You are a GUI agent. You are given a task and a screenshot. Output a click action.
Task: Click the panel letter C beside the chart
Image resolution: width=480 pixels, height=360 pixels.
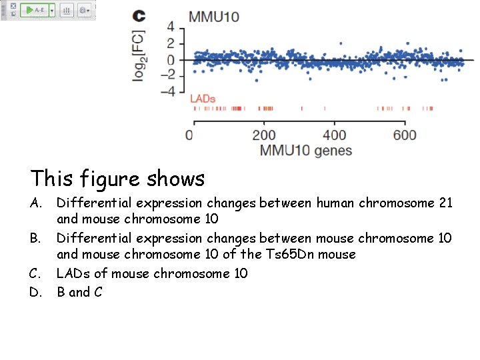pyautogui.click(x=139, y=16)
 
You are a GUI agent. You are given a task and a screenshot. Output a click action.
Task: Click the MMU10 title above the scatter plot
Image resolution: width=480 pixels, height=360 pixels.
pyautogui.click(x=213, y=17)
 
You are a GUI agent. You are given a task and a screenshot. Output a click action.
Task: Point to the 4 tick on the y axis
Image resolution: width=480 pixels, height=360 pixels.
pyautogui.click(x=171, y=27)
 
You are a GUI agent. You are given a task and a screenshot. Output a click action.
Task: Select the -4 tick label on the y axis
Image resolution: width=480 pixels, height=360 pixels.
pyautogui.click(x=168, y=91)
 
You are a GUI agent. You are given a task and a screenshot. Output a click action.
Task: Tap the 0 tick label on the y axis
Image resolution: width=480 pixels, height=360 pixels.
pyautogui.click(x=171, y=60)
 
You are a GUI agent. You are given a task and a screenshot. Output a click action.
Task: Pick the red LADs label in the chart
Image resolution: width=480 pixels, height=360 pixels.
pyautogui.click(x=203, y=99)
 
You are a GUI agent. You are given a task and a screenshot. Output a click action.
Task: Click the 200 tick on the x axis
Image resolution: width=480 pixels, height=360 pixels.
pyautogui.click(x=264, y=135)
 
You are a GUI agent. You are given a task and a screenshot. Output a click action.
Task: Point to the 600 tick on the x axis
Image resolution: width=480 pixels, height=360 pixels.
pyautogui.click(x=405, y=135)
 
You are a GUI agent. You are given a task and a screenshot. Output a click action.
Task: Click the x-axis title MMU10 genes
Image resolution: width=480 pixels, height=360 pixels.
pyautogui.click(x=306, y=151)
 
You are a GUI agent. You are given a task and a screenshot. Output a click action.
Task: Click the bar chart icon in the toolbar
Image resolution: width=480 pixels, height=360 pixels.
pyautogui.click(x=67, y=11)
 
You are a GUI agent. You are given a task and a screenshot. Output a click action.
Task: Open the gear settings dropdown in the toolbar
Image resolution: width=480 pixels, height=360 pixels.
pyautogui.click(x=84, y=11)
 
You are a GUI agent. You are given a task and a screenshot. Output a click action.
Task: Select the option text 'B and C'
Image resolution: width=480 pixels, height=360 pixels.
pyautogui.click(x=79, y=292)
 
